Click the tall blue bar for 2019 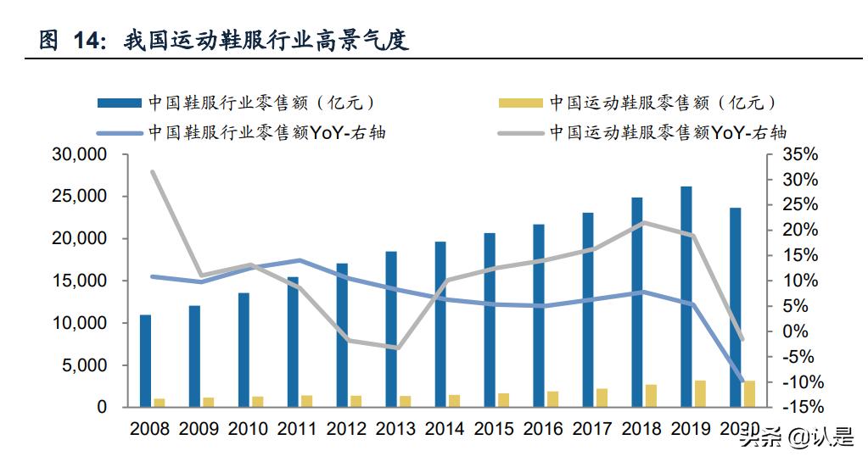point(686,297)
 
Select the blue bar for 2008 point(145,361)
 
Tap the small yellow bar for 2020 point(749,394)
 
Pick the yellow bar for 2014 point(455,401)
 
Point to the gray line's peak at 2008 point(152,171)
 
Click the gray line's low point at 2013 point(398,348)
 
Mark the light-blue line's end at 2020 point(743,381)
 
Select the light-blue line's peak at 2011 point(300,260)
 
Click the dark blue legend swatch point(119,103)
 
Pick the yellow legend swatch point(519,103)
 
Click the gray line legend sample point(519,133)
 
